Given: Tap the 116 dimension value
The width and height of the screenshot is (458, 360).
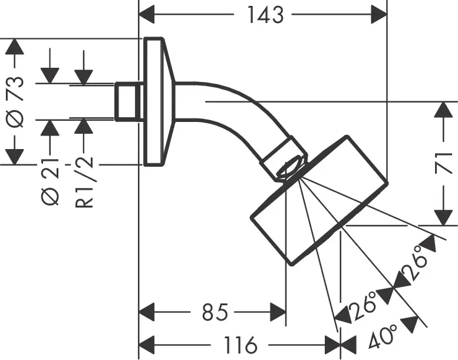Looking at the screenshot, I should click(x=238, y=344).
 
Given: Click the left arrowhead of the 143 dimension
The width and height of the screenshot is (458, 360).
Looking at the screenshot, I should click(x=147, y=14).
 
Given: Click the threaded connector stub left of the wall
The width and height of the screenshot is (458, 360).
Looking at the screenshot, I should click(x=127, y=101).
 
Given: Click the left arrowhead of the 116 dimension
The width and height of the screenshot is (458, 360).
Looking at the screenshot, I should click(x=147, y=344).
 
